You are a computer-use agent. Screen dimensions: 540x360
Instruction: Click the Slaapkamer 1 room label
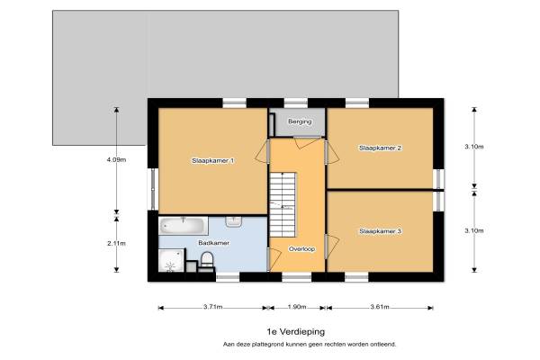coord(212,160)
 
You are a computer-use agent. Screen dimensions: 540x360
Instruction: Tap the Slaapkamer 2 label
coord(380,148)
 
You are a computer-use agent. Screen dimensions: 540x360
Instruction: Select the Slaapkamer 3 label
coord(380,231)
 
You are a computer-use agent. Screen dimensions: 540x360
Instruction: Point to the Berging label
coord(300,121)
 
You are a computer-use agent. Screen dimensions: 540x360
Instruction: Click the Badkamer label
coord(214,243)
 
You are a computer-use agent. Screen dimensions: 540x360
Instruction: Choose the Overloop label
coord(302,249)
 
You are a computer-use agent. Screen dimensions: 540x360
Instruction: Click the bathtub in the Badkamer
coord(184,226)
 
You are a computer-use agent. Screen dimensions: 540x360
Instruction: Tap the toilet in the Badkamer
coord(207,259)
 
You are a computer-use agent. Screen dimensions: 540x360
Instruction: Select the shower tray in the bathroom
coord(171,260)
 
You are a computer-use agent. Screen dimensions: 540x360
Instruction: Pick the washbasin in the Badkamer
coord(234,221)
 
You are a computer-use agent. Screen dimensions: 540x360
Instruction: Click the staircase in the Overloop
coord(283,204)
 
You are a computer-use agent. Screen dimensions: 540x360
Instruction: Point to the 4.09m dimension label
coord(116,160)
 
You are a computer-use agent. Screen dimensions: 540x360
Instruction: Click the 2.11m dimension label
coord(116,243)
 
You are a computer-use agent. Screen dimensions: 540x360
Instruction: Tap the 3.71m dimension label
coord(212,307)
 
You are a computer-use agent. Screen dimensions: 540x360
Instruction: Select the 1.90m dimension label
coord(297,307)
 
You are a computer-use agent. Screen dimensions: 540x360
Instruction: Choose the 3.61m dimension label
coord(380,307)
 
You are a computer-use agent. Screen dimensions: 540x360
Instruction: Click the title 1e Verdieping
coord(296,332)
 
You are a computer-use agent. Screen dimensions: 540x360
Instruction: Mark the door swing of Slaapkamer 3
coord(332,247)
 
